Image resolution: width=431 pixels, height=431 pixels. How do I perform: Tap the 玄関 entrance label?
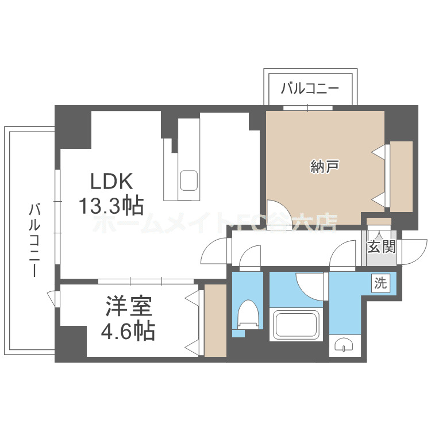tap(381, 248)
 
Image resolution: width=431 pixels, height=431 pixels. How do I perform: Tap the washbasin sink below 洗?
tap(343, 345)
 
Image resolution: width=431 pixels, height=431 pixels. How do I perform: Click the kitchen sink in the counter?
tap(189, 182)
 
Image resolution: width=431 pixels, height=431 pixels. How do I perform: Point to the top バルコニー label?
tap(310, 89)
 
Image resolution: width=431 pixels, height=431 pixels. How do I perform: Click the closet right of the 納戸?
tap(401, 176)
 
